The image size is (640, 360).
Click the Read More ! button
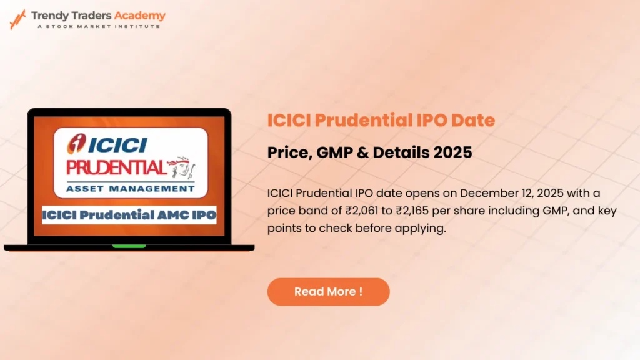click(328, 292)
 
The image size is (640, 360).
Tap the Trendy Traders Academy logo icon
click(17, 19)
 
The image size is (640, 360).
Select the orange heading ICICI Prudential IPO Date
click(381, 120)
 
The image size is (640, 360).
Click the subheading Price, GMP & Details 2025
click(369, 152)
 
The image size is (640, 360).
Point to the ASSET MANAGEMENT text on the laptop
click(130, 187)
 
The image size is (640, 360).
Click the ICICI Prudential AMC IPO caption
click(129, 216)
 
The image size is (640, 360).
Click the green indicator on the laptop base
click(129, 246)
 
